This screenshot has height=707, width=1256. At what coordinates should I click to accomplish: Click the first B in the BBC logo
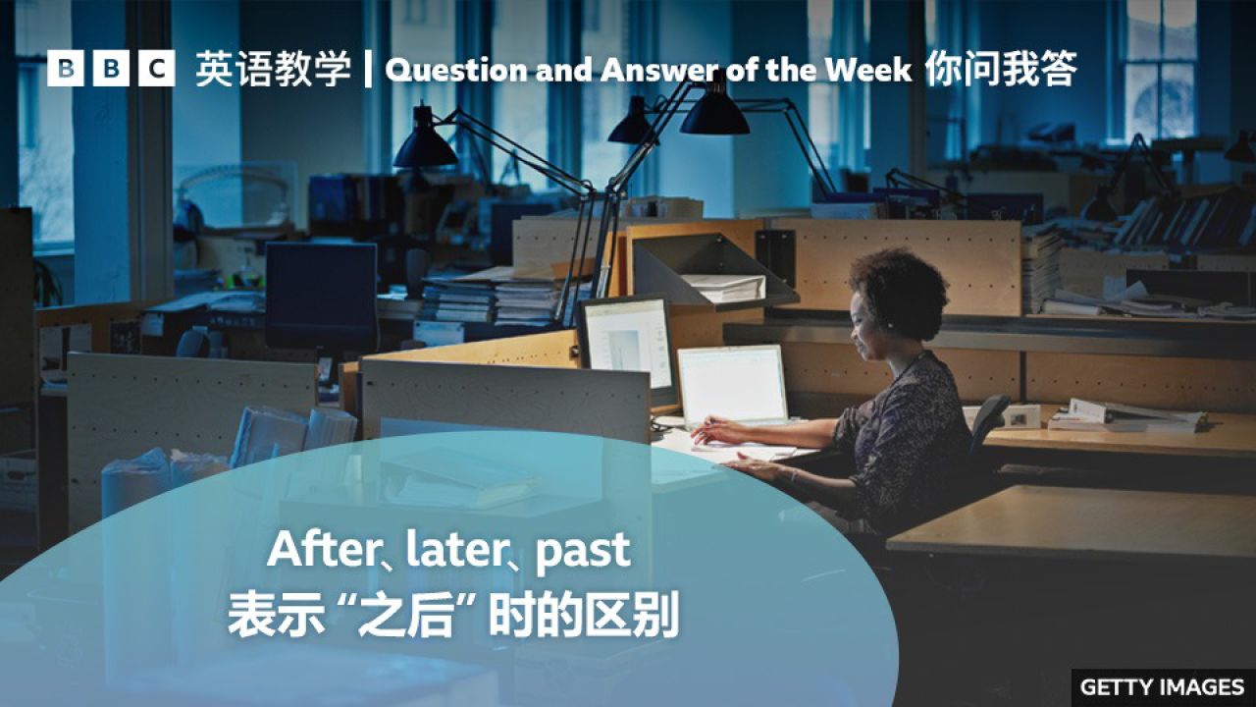click(65, 69)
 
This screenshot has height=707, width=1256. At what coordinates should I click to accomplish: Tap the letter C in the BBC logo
click(156, 69)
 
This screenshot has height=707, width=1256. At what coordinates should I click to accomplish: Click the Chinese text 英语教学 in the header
click(273, 70)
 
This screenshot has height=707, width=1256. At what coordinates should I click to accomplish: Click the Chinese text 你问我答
click(1000, 70)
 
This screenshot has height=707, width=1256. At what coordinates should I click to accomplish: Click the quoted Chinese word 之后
click(413, 617)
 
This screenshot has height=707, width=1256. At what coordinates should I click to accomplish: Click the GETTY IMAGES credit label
click(1162, 686)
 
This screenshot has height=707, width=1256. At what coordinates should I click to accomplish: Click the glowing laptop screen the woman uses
click(732, 384)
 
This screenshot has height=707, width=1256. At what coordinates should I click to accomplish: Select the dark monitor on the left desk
click(321, 294)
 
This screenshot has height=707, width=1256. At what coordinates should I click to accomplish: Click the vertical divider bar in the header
click(368, 70)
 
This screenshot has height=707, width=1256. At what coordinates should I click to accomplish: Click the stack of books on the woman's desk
click(1128, 416)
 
